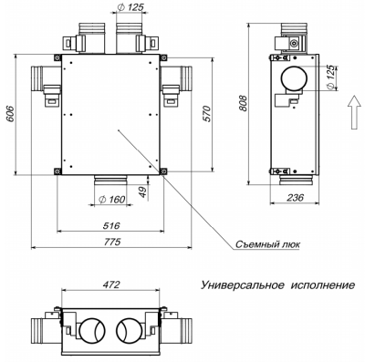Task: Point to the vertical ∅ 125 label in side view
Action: pyautogui.click(x=328, y=79)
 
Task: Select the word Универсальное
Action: pyautogui.click(x=247, y=285)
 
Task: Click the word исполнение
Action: pyautogui.click(x=324, y=285)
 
